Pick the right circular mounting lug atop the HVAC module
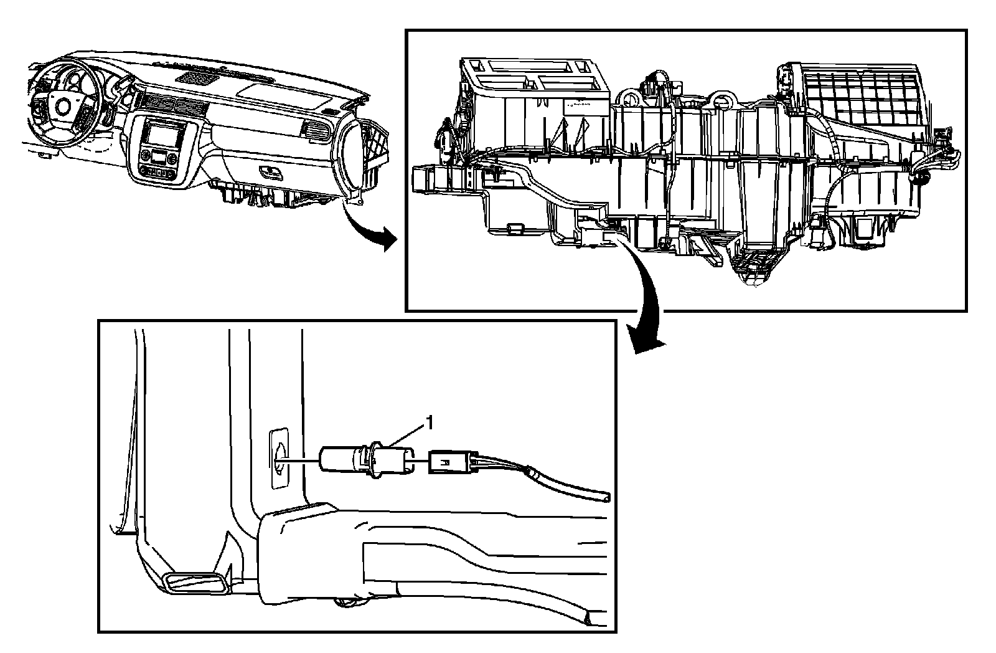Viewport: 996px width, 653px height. click(724, 97)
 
